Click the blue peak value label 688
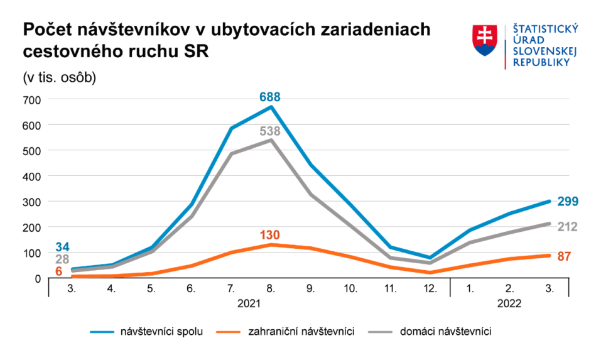269,97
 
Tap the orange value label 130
269,235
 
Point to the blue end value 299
568,201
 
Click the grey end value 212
568,226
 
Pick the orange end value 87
565,256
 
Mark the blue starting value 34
62,247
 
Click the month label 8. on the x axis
271,289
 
